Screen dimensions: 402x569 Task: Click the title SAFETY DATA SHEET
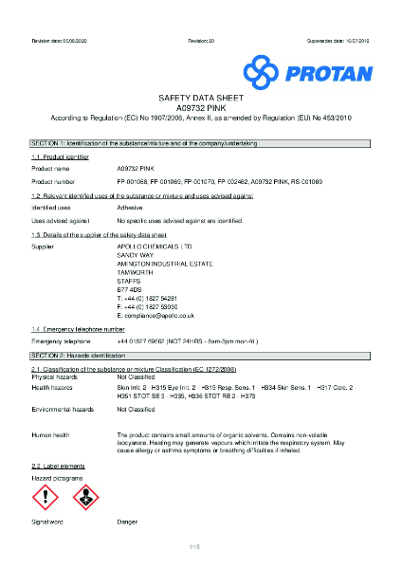coord(199,98)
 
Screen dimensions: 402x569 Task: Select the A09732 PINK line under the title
coord(199,108)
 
